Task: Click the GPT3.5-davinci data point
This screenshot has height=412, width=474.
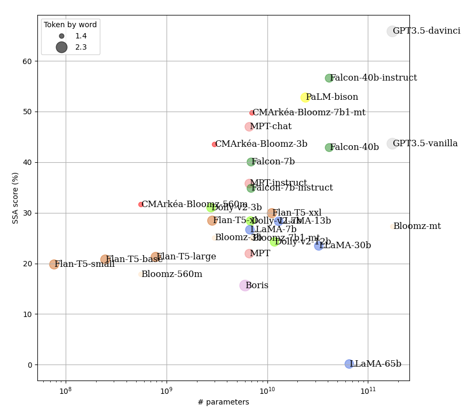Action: pos(392,31)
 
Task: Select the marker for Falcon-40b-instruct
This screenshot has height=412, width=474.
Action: pos(329,78)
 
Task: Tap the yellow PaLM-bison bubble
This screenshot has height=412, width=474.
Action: pos(305,98)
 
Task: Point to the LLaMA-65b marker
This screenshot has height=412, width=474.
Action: pos(349,364)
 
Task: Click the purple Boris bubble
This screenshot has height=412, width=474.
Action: pos(244,286)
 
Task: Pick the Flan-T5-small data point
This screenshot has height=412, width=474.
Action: pos(54,264)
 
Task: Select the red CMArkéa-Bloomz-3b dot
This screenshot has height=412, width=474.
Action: pos(215,145)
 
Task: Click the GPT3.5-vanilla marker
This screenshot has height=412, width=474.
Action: pos(392,144)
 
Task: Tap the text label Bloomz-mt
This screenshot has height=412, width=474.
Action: pos(417,226)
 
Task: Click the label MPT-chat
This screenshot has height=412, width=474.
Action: pos(271,126)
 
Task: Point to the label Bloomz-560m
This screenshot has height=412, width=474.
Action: pos(171,274)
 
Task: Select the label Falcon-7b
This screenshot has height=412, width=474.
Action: pos(273,162)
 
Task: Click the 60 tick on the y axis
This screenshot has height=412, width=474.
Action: pos(28,61)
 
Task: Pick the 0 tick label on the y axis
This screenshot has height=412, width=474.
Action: pos(30,365)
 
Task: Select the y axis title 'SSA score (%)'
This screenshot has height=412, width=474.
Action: pos(15,198)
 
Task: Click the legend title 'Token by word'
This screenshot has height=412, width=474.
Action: pos(70,25)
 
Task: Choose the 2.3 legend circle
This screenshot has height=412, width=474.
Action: pos(61,47)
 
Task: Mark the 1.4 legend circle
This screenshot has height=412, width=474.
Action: pos(61,36)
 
